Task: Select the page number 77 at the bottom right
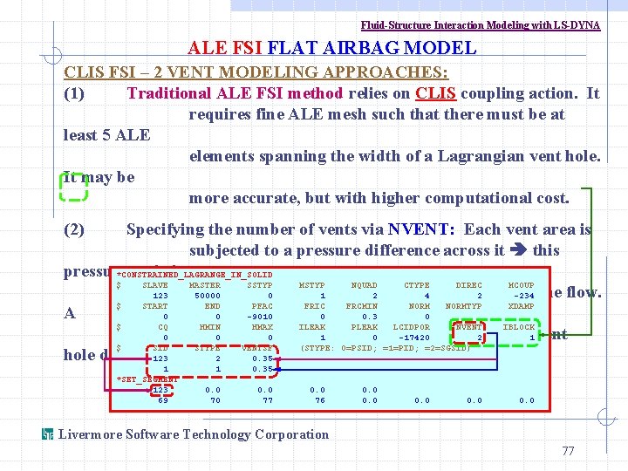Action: pos(568,451)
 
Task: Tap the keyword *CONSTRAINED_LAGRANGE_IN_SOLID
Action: pos(194,275)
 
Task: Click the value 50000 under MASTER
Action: pos(206,296)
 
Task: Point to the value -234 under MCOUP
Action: pos(522,296)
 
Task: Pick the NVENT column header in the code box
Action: pos(468,327)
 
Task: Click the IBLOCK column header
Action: pos(520,327)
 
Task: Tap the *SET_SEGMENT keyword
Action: pos(147,379)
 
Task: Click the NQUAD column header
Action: pos(364,285)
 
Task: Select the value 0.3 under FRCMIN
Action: pos(370,317)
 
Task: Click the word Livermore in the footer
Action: pos(90,434)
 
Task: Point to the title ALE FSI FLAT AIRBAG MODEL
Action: pos(332,49)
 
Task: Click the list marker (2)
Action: pos(74,230)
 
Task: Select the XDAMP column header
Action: pos(521,306)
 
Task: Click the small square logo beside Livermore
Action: pos(48,434)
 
